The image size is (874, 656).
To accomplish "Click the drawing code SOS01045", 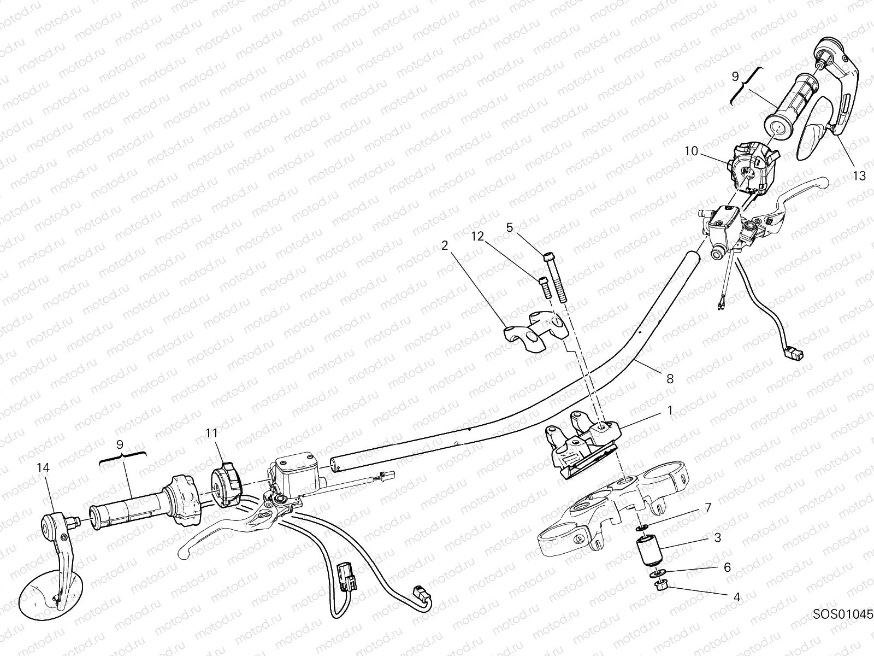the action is coord(842,625).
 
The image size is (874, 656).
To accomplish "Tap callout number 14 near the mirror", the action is coord(43,467).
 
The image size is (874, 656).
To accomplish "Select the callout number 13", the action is coord(859,175).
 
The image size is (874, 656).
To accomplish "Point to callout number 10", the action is coord(692,151).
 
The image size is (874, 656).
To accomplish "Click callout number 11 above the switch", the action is coord(212,433).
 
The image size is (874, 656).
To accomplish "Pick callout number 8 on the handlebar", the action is coord(670,379).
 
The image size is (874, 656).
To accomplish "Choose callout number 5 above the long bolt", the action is coord(510,227).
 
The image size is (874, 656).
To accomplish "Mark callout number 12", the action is coord(477,236).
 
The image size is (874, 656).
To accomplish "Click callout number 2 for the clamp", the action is coord(445,246).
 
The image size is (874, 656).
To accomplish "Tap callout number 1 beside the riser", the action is coord(670,410).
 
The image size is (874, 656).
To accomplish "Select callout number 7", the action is coord(708,507).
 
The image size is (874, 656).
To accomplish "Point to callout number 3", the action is coord(718,538).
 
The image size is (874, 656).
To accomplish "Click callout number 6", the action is coord(727,567).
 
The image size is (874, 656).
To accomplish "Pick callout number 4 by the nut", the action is coord(737,597).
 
